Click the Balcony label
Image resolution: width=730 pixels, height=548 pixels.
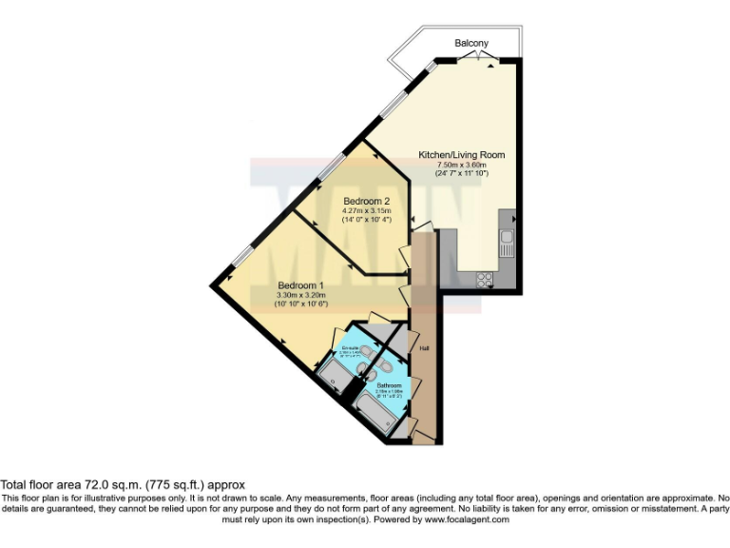(x=472, y=44)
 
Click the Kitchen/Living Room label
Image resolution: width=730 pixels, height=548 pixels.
(x=462, y=155)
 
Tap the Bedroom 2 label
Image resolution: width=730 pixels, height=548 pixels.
(x=367, y=202)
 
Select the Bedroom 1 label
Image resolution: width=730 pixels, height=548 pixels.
(x=300, y=285)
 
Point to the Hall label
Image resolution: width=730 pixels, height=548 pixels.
(x=422, y=348)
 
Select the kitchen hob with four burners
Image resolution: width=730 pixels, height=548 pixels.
(x=484, y=280)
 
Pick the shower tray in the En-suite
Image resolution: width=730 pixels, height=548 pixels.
(x=335, y=378)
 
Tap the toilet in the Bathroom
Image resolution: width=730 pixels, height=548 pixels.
(x=384, y=365)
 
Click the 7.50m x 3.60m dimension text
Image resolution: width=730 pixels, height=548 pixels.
(x=462, y=165)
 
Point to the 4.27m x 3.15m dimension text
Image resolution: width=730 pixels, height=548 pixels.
(x=367, y=211)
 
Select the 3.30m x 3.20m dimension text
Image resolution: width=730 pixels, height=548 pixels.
(x=300, y=295)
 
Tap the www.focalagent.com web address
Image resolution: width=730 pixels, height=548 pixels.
(x=468, y=519)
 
